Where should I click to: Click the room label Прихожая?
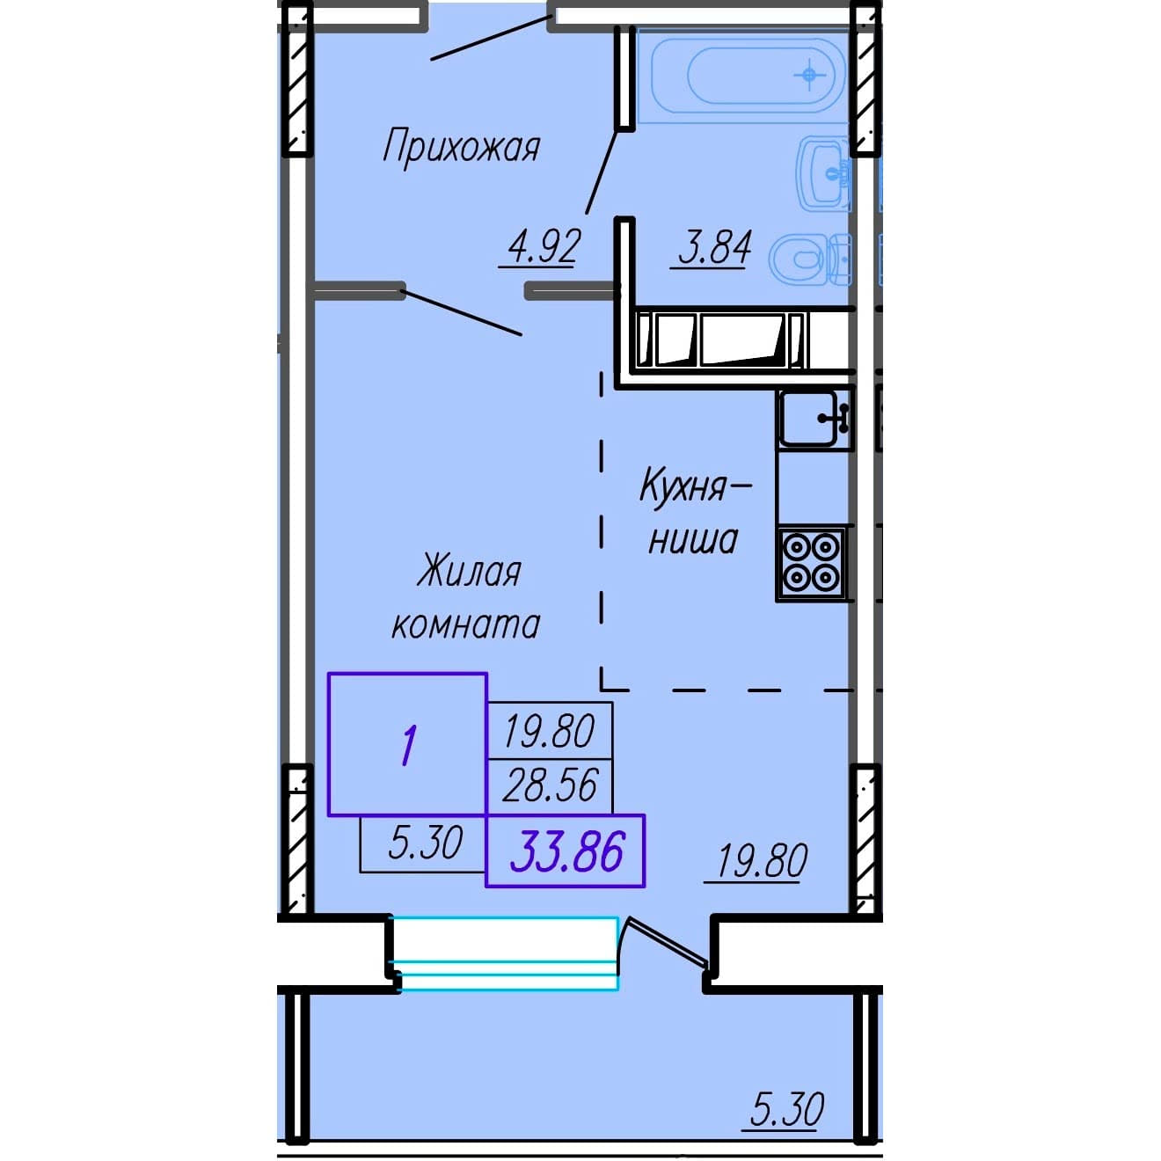tap(462, 149)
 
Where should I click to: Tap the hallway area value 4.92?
tap(544, 247)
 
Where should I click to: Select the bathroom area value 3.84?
tap(715, 247)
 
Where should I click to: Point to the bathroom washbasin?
tap(823, 173)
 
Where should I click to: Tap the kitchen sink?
tap(815, 419)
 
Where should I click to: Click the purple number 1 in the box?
tap(409, 745)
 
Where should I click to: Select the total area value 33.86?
tap(566, 851)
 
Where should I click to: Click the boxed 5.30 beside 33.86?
tap(426, 843)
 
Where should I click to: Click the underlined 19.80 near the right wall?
tap(762, 861)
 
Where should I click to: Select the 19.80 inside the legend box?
tap(550, 731)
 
